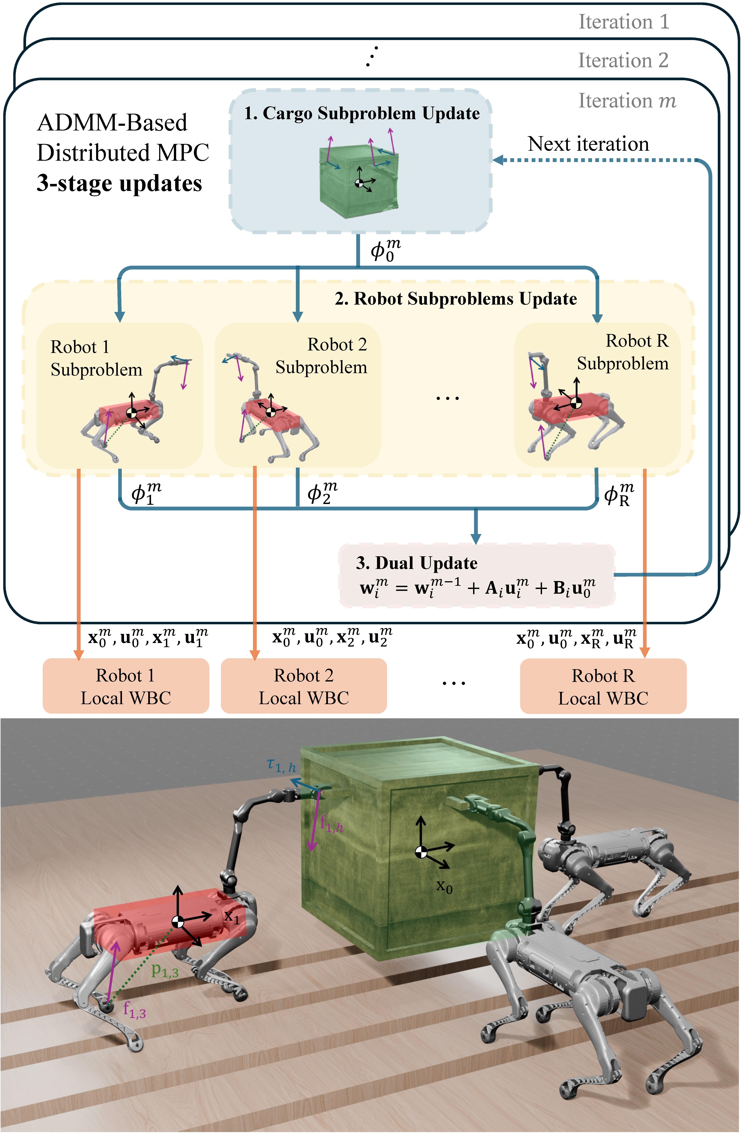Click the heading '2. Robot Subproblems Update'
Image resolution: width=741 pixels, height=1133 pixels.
point(455,299)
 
